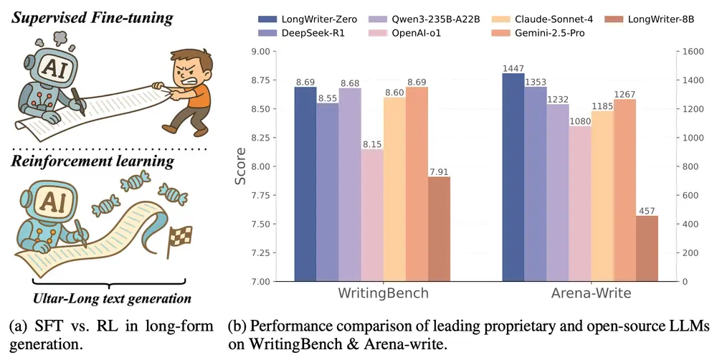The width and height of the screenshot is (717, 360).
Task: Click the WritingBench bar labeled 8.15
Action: (x=373, y=215)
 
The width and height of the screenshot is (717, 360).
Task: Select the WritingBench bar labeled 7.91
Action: (x=439, y=229)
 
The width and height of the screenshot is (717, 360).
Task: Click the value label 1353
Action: (x=536, y=80)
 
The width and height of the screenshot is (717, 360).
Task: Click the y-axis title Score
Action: (x=241, y=166)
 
